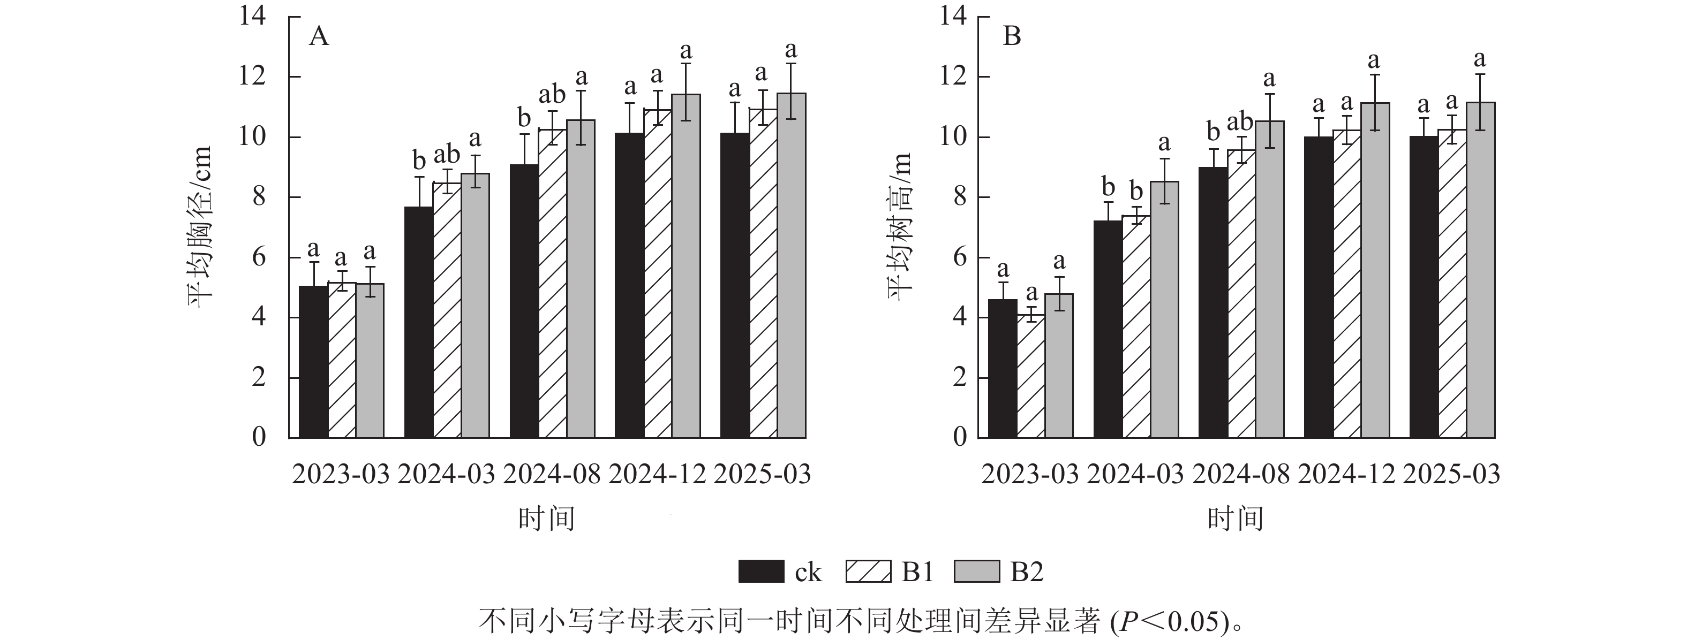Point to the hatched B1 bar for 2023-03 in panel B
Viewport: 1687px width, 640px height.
(1031, 376)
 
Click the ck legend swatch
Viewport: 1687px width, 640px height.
(761, 572)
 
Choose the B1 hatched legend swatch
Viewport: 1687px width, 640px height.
(868, 572)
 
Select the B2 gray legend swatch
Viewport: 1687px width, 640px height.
(977, 572)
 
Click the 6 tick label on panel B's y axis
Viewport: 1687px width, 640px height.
(959, 257)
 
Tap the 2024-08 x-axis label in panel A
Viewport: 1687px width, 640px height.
(552, 474)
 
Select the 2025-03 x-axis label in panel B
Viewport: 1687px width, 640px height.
(1451, 474)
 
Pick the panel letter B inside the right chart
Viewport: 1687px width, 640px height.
(1012, 36)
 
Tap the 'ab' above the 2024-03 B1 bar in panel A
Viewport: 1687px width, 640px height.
(447, 155)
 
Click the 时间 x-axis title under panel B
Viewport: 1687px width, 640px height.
(1235, 519)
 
